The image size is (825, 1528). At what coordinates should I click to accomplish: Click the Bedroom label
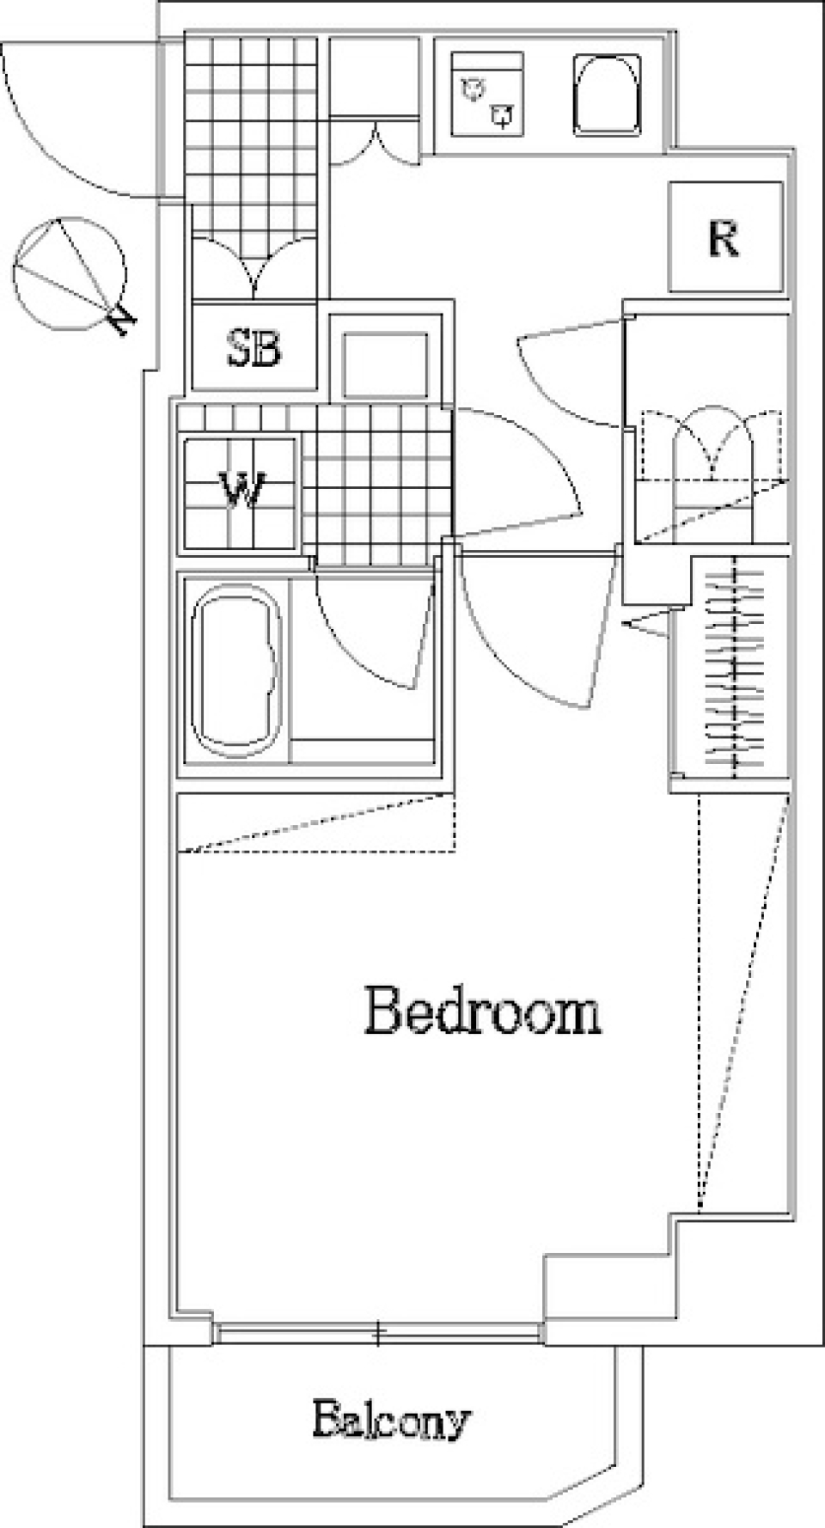[x=482, y=1012]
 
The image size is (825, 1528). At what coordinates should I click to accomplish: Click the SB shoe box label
[x=254, y=347]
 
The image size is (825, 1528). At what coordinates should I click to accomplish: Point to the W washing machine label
[x=241, y=492]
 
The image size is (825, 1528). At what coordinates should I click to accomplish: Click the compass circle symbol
[x=70, y=274]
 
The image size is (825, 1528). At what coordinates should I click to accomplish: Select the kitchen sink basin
[x=608, y=95]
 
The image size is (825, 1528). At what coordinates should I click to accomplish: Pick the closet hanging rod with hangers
[x=734, y=667]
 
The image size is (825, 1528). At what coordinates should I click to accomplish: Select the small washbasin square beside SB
[x=385, y=364]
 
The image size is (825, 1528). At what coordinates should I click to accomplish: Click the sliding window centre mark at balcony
[x=378, y=1333]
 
